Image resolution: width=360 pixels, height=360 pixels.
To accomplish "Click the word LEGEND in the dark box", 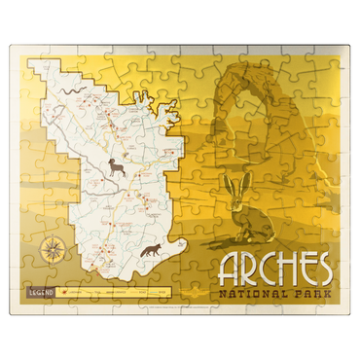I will (x=42, y=290).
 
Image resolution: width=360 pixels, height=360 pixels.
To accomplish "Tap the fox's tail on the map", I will (x=140, y=253).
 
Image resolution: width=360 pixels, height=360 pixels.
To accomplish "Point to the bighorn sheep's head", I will (x=111, y=163).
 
